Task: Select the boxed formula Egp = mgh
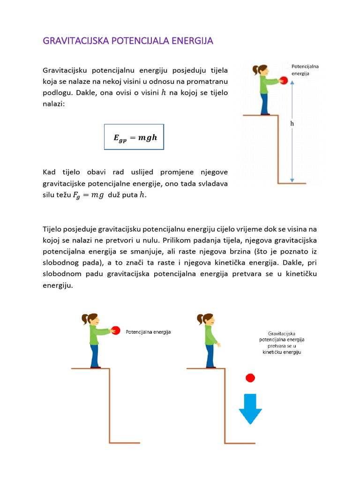pyautogui.click(x=134, y=137)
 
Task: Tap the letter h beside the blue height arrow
pyautogui.click(x=292, y=124)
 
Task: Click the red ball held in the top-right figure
pyautogui.click(x=283, y=81)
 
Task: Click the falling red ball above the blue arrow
pyautogui.click(x=250, y=378)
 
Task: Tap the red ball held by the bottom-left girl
pyautogui.click(x=117, y=330)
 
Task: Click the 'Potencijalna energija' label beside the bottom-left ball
pyautogui.click(x=148, y=332)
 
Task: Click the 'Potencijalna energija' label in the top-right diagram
pyautogui.click(x=305, y=70)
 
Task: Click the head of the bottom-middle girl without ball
pyautogui.click(x=207, y=320)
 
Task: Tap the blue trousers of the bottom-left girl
pyautogui.click(x=95, y=355)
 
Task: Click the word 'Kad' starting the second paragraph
pyautogui.click(x=49, y=173)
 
